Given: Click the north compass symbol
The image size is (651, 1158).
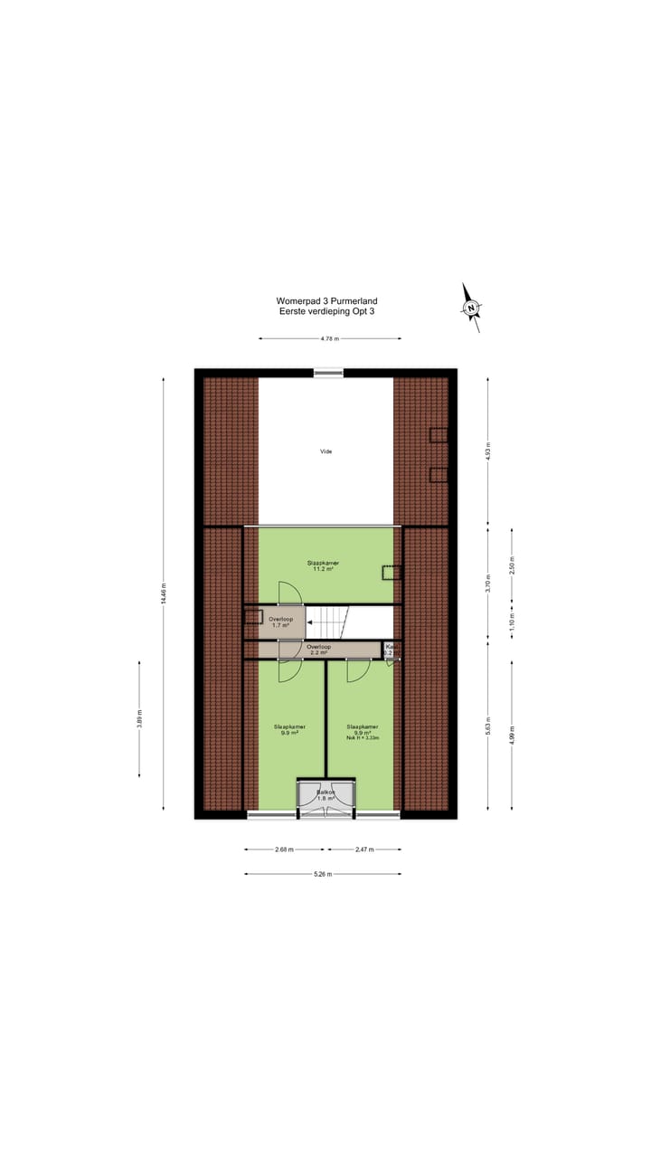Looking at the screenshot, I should [x=471, y=308].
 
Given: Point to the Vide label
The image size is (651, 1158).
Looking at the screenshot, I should [x=325, y=451].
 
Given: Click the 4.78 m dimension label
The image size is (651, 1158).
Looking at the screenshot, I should [x=330, y=338].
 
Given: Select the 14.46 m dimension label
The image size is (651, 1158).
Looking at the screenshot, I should [x=164, y=594].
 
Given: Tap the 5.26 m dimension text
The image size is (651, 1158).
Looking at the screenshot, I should [x=323, y=874].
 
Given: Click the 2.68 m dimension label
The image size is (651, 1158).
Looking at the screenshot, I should [x=285, y=850].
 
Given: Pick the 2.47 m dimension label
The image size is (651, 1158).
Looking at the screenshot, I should [x=363, y=850].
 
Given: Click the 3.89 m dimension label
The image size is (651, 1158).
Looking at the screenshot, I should [x=139, y=719].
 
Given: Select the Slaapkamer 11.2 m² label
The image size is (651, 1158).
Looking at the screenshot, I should [x=323, y=566].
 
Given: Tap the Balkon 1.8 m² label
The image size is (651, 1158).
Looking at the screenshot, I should [x=325, y=795].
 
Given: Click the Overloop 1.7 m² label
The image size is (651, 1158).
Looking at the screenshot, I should [x=280, y=622].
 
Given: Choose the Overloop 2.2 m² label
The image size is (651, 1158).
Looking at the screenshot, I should [x=318, y=650].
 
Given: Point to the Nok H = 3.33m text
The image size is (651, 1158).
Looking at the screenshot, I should [x=362, y=738].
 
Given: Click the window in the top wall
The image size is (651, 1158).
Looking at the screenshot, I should [x=328, y=372].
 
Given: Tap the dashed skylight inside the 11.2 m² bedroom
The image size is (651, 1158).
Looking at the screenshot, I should [x=391, y=572].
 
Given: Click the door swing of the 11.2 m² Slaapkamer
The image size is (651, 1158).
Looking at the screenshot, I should [x=291, y=592].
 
